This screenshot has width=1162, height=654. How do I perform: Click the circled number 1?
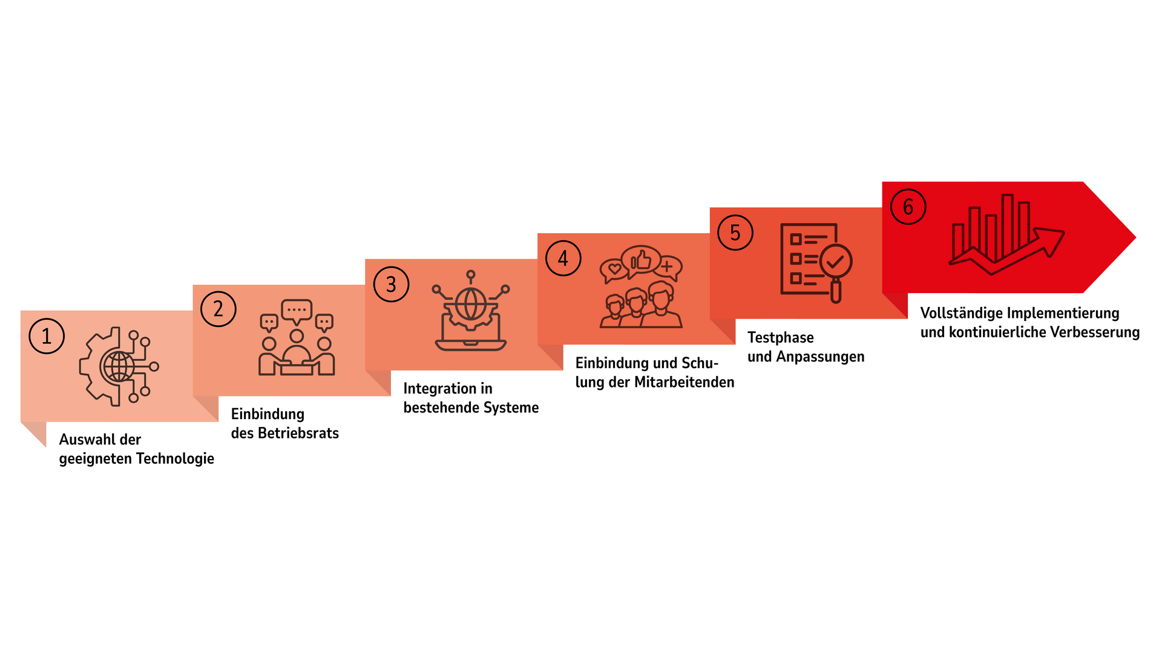pos(47,336)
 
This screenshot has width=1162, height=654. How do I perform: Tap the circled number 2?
pos(218,309)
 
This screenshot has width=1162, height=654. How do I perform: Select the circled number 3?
pos(391,284)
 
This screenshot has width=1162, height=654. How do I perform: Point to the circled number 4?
pos(563,259)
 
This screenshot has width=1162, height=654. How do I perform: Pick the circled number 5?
pos(735,233)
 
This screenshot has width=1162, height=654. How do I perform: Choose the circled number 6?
pos(908,206)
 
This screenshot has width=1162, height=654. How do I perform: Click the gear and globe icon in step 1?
pos(119,366)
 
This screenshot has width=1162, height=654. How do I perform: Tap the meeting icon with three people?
pos(297,337)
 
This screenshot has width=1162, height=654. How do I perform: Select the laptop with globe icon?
pos(471,311)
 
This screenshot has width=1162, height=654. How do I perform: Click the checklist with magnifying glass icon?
pos(816,263)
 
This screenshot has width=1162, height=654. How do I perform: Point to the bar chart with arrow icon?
pos(1006,234)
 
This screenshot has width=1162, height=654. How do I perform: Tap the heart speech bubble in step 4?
pos(614,270)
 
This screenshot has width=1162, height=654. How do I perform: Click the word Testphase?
pos(781,337)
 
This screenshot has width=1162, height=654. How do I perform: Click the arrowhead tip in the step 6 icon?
pos(1063,232)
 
